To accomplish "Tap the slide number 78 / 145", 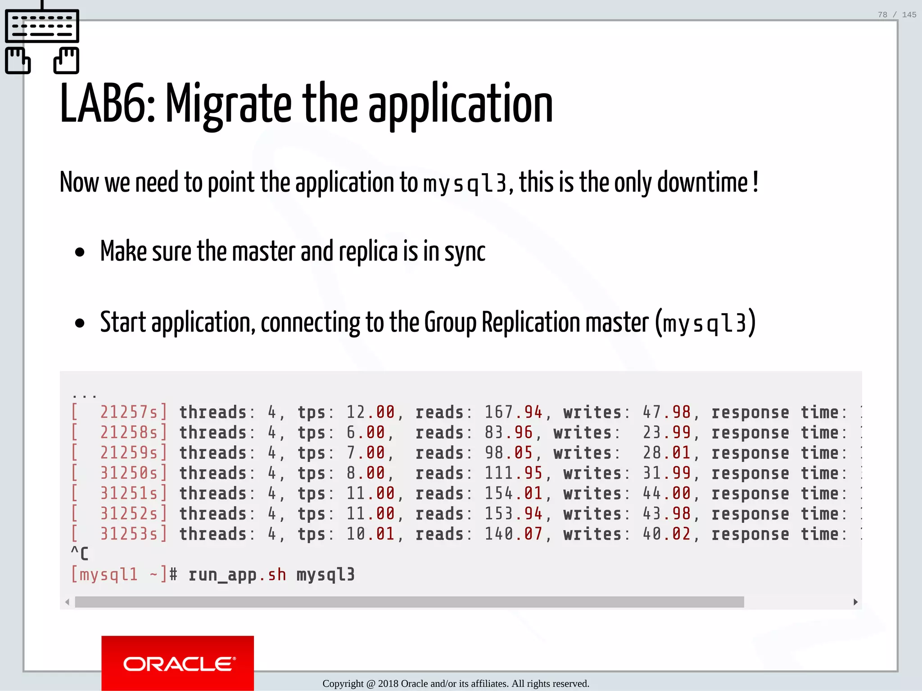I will point(896,15).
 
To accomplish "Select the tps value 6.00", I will point(366,432).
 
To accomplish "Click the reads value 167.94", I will point(513,412).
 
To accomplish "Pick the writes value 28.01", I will point(666,453).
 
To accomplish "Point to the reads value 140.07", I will point(513,534).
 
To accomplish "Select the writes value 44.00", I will point(666,494).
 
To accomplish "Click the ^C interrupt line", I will point(80,553).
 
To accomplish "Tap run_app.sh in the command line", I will point(237,575).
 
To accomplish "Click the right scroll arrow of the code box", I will point(855,602).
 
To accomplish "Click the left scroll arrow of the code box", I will point(67,602).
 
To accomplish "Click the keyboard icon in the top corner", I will point(42,38).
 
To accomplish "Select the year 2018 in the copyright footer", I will point(388,684).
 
